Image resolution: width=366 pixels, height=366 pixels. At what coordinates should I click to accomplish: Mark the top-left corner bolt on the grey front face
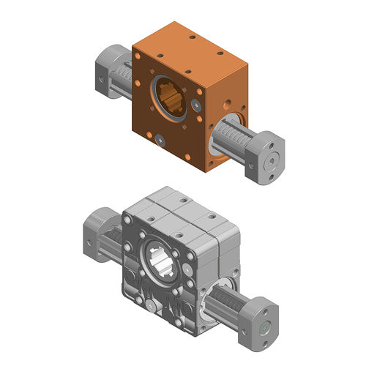coord(131,218)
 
